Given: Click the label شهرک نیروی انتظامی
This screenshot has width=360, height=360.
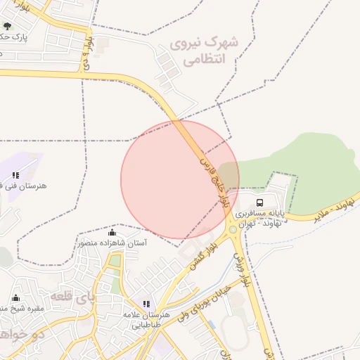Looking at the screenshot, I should pos(204,51).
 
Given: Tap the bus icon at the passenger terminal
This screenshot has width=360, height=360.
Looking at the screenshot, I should pos(260,202).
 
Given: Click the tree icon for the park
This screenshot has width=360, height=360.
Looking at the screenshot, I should pos(8,26).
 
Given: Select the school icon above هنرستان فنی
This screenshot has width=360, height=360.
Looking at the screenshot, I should pos(15,175).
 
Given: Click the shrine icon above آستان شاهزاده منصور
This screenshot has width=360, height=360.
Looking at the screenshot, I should pos(112,232).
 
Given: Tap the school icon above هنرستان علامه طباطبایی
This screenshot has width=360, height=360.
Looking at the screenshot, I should pos(146,304).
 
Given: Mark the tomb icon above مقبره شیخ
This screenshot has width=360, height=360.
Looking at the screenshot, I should pos(15,297).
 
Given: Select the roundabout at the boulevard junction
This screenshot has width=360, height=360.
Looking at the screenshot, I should pos(231,230).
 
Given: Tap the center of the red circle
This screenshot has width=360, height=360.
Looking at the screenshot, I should pos(180,179).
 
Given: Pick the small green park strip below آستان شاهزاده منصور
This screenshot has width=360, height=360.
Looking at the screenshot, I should pos(115,262).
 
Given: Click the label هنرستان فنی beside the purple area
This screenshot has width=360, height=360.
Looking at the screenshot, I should pos(24,186).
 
